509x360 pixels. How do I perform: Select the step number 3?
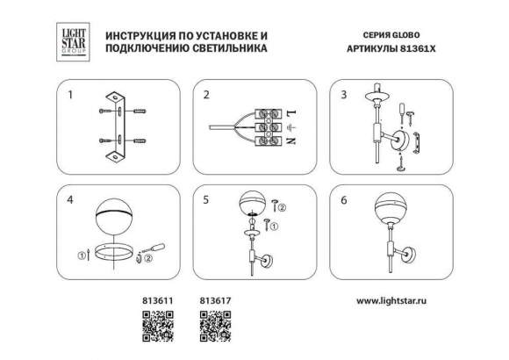[344, 93]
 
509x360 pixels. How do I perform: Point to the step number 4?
[68, 200]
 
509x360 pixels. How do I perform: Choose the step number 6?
[344, 200]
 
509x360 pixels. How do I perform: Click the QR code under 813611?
[154, 326]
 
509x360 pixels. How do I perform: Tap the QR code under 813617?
[215, 326]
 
